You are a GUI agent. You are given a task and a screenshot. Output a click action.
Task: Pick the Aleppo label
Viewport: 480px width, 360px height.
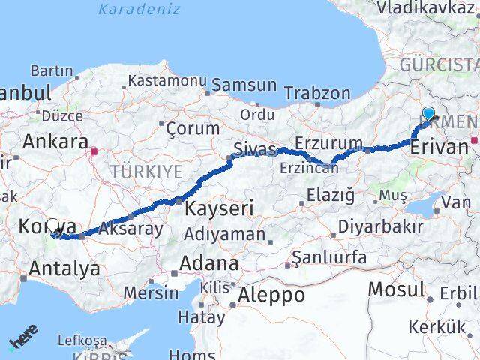click(271, 295)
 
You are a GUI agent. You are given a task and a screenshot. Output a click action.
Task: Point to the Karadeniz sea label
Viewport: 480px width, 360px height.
click(139, 10)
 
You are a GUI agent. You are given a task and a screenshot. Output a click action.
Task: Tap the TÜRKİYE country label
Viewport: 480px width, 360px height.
click(146, 172)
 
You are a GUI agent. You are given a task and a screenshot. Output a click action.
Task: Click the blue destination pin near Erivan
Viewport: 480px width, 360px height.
click(428, 114)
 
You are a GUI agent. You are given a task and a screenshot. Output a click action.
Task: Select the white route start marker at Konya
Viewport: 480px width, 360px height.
click(53, 225)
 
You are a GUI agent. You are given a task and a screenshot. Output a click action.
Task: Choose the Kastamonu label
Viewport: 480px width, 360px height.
click(166, 80)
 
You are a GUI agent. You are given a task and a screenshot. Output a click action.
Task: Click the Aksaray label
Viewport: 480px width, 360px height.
click(130, 229)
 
